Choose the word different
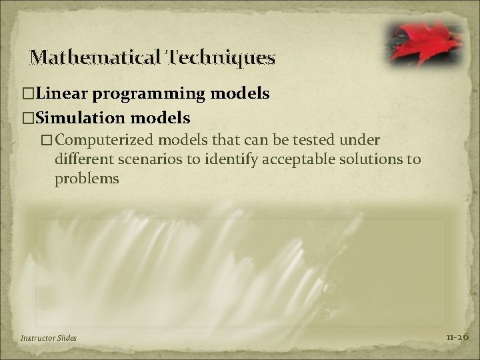click(82, 160)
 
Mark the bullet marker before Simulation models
click(27, 118)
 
